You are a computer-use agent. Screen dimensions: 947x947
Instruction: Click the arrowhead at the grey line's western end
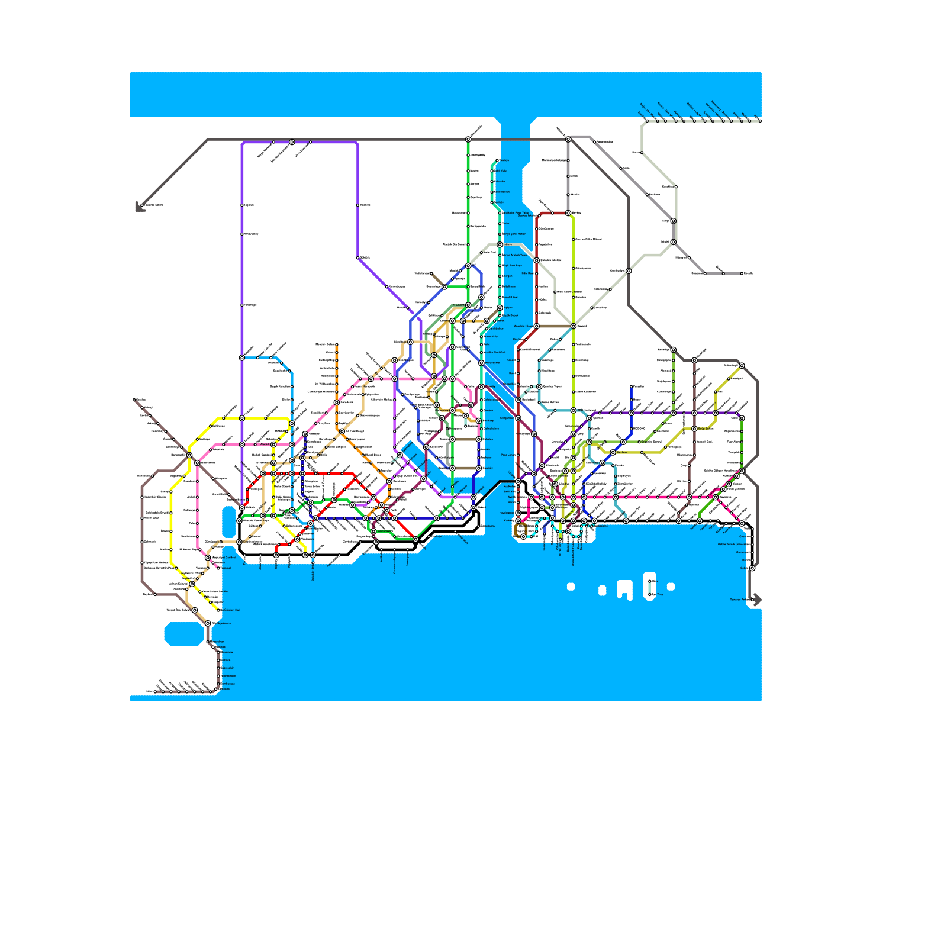click(x=138, y=208)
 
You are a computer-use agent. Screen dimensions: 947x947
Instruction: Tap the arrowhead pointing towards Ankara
click(x=758, y=600)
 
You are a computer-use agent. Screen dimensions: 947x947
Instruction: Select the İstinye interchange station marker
click(x=500, y=244)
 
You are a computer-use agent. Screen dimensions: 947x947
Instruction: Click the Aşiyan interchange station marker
click(x=500, y=308)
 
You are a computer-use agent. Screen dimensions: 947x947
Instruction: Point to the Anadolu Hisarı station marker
click(x=537, y=326)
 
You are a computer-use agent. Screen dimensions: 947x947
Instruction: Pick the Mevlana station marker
click(x=613, y=452)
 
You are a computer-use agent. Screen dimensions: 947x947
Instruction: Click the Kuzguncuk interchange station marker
click(x=518, y=418)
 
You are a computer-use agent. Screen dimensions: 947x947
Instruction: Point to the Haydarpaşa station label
click(x=507, y=513)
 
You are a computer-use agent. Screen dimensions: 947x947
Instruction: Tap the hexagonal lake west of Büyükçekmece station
click(x=184, y=634)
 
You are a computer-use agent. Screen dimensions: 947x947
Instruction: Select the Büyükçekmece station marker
click(x=208, y=623)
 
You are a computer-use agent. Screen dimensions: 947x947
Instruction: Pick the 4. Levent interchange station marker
click(x=468, y=305)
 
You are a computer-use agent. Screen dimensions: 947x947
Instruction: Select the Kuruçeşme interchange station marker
click(x=482, y=363)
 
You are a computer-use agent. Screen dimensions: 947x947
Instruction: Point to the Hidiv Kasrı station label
click(x=527, y=273)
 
